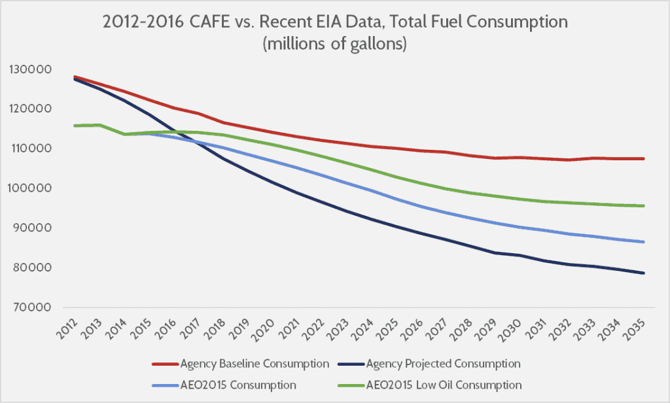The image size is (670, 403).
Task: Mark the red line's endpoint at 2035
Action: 644,158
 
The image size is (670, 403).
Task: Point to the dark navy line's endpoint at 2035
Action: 644,273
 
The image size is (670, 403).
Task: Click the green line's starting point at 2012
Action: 75,126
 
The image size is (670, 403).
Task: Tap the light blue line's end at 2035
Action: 644,242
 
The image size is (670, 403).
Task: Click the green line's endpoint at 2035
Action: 644,206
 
